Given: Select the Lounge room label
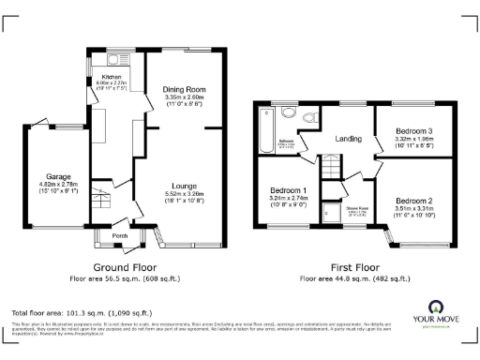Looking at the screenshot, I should tap(183, 186).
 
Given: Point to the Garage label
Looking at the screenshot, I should tap(60, 176).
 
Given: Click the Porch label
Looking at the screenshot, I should tap(119, 235).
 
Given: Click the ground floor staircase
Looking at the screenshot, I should tap(100, 201).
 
